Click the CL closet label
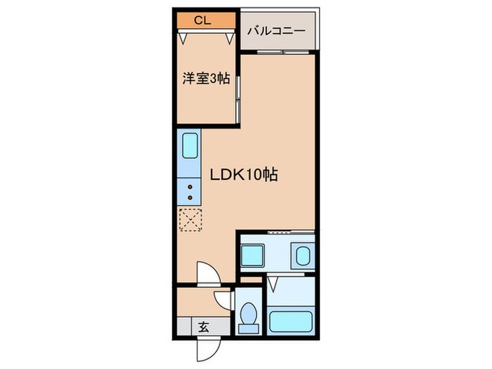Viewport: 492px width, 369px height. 202,20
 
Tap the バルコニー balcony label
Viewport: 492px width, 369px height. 276,32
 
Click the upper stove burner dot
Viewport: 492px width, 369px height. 190,187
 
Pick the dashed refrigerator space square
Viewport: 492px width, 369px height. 190,220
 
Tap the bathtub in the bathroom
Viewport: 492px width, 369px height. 290,321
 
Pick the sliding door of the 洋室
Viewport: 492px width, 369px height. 238,98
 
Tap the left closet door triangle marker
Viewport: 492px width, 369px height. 185,39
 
